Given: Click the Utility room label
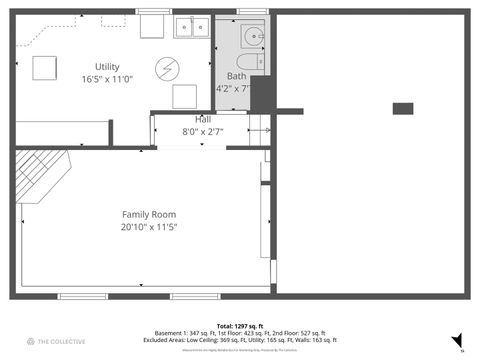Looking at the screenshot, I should pyautogui.click(x=106, y=66).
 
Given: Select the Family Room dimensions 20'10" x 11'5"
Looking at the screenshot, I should pyautogui.click(x=149, y=227).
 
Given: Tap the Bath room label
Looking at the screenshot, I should pyautogui.click(x=236, y=76).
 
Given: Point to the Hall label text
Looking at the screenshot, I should pyautogui.click(x=202, y=119).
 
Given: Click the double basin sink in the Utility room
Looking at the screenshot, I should pyautogui.click(x=190, y=27).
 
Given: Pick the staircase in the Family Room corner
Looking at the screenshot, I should pyautogui.click(x=44, y=172).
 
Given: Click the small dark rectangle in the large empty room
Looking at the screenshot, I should pyautogui.click(x=403, y=108).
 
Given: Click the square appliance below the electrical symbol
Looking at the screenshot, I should pyautogui.click(x=185, y=97).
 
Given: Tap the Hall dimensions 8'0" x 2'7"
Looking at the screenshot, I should pyautogui.click(x=202, y=131).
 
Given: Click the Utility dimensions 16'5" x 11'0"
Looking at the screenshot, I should pyautogui.click(x=106, y=79).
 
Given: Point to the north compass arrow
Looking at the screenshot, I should pyautogui.click(x=457, y=340).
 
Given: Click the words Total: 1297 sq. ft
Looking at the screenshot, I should pyautogui.click(x=240, y=326).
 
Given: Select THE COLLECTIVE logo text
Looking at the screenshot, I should pyautogui.click(x=59, y=342).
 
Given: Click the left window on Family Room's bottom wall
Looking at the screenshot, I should pyautogui.click(x=83, y=295).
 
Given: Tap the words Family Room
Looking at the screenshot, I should pyautogui.click(x=149, y=215).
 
